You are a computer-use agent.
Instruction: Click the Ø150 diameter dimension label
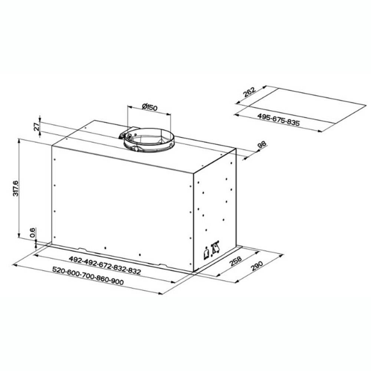point(150,108)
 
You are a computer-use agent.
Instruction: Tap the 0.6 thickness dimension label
point(33,233)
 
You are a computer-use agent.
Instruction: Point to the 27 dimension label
point(36,126)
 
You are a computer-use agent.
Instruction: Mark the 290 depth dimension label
point(256,270)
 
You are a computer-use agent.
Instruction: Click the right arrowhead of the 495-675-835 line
point(320,131)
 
